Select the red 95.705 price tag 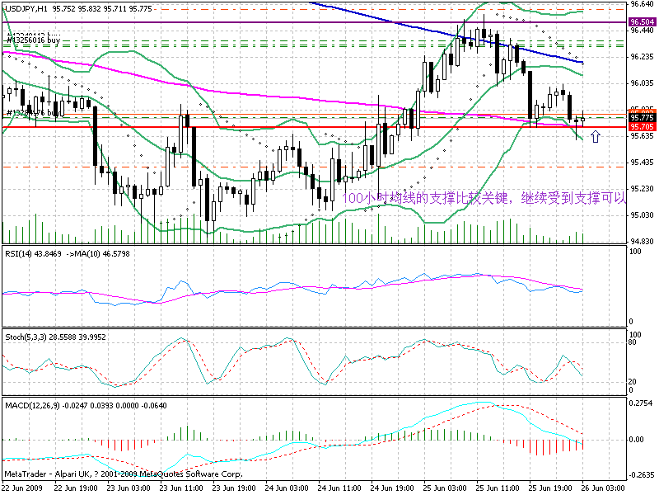point(642,127)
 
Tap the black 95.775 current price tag point(642,118)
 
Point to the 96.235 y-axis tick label point(642,57)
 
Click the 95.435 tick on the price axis point(642,163)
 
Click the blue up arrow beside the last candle point(596,134)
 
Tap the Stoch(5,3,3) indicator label point(26,338)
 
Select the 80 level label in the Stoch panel point(633,342)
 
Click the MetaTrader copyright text point(124,474)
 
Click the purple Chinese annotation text point(486,198)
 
